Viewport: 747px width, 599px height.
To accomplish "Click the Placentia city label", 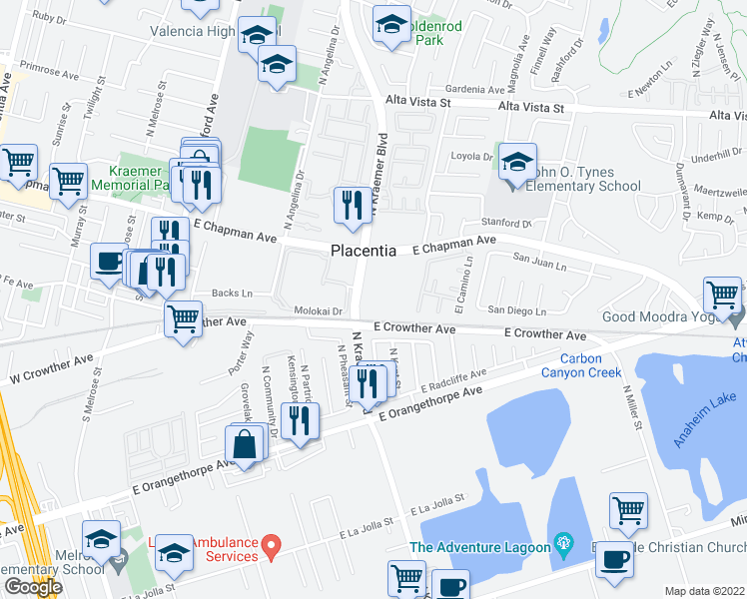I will click(x=363, y=252).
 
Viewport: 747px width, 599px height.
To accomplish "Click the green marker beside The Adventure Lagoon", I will click(x=566, y=545).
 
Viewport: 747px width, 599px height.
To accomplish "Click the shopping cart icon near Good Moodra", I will click(x=722, y=296).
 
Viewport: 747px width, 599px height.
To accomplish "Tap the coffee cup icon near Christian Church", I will click(x=614, y=559).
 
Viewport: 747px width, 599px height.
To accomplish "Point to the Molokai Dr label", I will click(x=318, y=312).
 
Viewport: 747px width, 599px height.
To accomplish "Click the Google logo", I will click(x=33, y=587).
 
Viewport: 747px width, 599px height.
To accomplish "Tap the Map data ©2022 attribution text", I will click(x=704, y=591).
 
